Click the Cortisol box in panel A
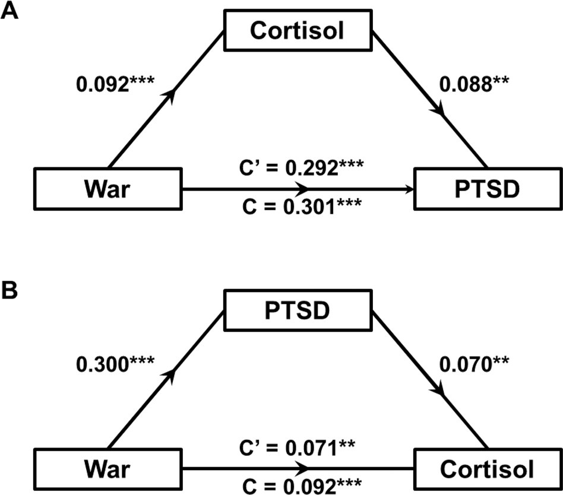pyautogui.click(x=296, y=30)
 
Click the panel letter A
pyautogui.click(x=10, y=11)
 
